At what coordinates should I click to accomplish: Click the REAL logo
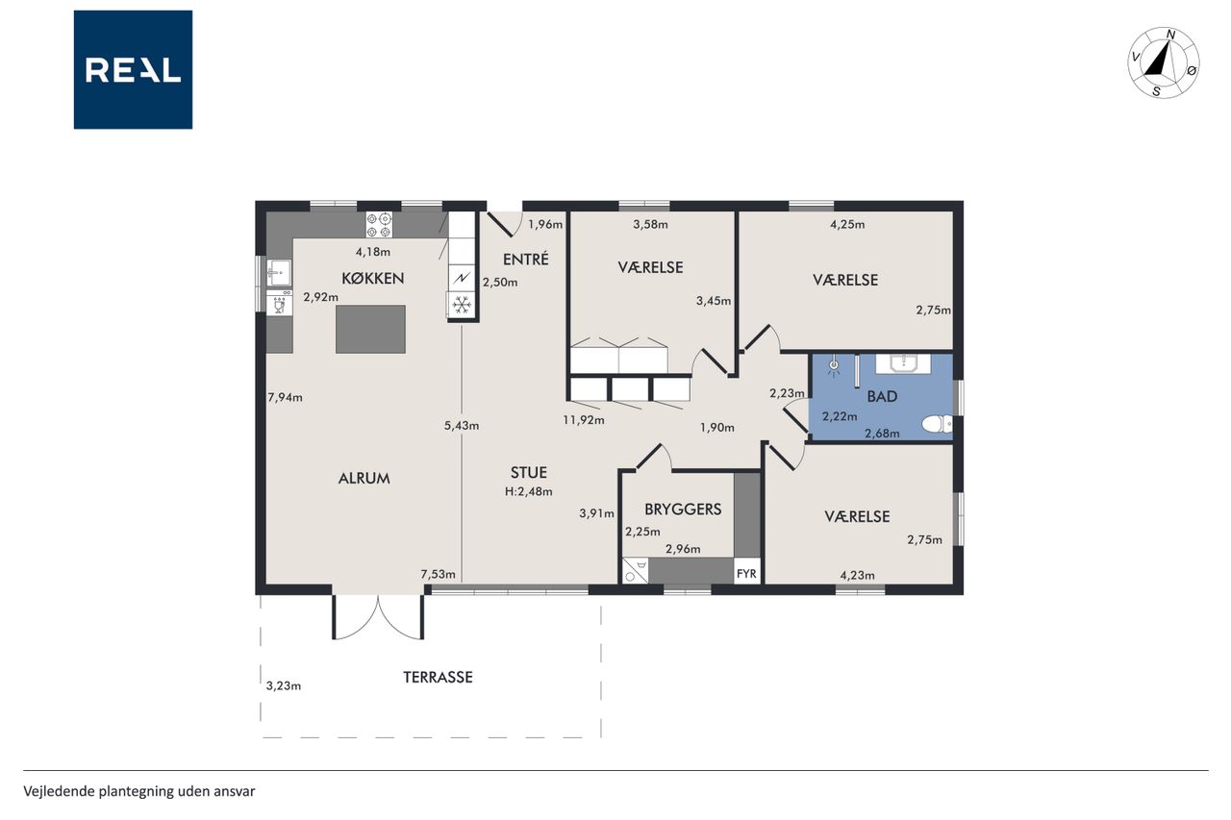click(133, 70)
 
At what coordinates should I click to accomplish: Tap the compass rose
click(1164, 63)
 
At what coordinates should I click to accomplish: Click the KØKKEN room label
click(372, 279)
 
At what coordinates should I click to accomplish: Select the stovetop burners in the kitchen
click(379, 225)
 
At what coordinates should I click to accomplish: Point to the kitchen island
click(370, 330)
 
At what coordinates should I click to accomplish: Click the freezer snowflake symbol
click(462, 306)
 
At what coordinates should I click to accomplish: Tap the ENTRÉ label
click(526, 260)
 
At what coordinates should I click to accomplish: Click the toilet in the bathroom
click(937, 424)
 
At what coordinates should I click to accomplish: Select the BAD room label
click(882, 397)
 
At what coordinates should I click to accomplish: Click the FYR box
click(746, 574)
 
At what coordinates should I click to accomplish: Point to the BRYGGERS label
click(683, 509)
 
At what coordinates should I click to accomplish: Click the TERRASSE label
click(438, 677)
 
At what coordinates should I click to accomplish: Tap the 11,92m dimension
click(584, 420)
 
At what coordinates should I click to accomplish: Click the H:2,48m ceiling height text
click(529, 491)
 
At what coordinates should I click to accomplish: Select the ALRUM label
click(364, 479)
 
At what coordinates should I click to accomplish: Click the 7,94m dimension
click(285, 397)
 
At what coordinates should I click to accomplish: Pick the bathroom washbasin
click(903, 363)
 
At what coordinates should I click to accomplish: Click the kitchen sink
click(279, 272)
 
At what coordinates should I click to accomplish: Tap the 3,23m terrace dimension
click(284, 686)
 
